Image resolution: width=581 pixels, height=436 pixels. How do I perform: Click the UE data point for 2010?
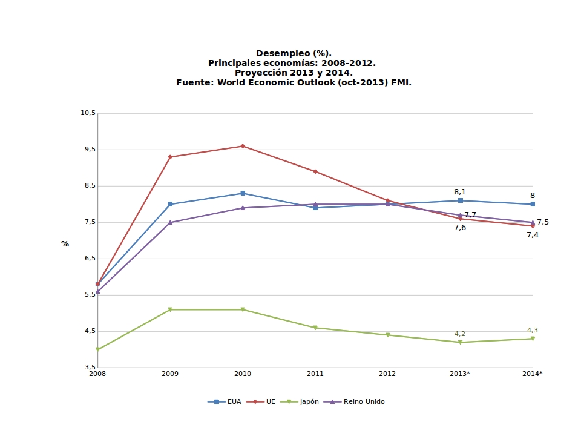[243, 146]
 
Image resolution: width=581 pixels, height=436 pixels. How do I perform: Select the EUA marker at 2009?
[170, 204]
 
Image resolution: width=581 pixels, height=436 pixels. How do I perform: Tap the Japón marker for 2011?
[315, 328]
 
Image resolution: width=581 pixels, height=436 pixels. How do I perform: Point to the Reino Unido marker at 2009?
[170, 222]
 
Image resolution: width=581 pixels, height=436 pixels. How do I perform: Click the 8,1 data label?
[460, 192]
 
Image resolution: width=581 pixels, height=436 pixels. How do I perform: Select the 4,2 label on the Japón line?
[460, 334]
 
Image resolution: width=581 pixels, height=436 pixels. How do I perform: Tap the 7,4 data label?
[533, 235]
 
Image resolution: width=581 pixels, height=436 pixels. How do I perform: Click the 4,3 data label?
[533, 330]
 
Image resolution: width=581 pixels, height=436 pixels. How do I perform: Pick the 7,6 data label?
[460, 228]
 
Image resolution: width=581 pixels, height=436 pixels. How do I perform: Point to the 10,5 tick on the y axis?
[88, 113]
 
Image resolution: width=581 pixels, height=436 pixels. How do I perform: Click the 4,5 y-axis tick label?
[88, 331]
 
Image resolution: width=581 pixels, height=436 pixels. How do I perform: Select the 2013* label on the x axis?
[460, 374]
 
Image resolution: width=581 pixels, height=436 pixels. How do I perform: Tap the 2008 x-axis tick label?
[97, 374]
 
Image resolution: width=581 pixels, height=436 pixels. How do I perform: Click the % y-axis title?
[65, 244]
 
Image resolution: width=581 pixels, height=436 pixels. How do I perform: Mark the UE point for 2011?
[315, 171]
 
